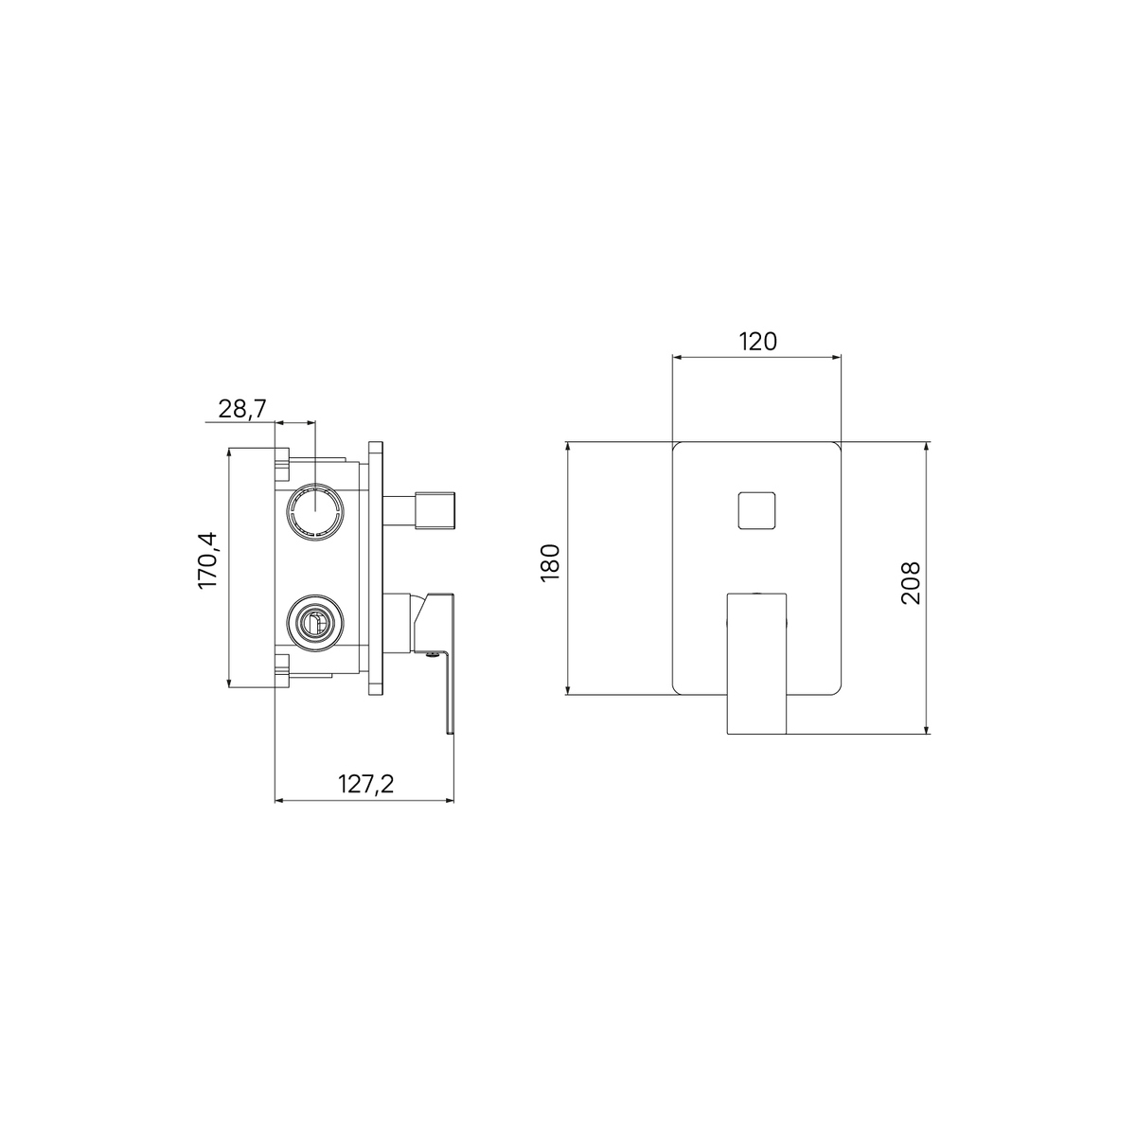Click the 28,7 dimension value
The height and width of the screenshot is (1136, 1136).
(242, 408)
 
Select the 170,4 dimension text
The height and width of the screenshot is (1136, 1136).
(207, 560)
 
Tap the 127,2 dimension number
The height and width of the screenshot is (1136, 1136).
(365, 784)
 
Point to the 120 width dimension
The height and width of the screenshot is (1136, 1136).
(757, 342)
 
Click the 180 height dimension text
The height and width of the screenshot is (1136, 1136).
(550, 563)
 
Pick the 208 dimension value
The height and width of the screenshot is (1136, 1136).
(911, 582)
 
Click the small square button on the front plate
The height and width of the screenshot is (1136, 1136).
(755, 510)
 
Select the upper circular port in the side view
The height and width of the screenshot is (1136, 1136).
(316, 511)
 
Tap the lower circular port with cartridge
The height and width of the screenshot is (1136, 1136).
(316, 622)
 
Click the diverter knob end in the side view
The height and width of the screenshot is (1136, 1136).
(435, 510)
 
